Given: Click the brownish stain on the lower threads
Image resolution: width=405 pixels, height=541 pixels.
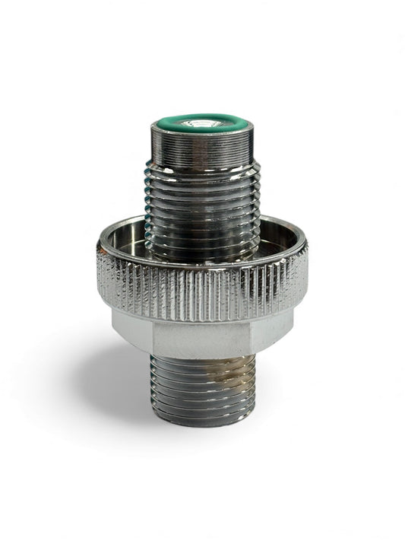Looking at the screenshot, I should coord(228,380).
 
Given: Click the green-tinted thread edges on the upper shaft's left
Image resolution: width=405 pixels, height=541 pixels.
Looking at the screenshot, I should coord(150,190).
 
